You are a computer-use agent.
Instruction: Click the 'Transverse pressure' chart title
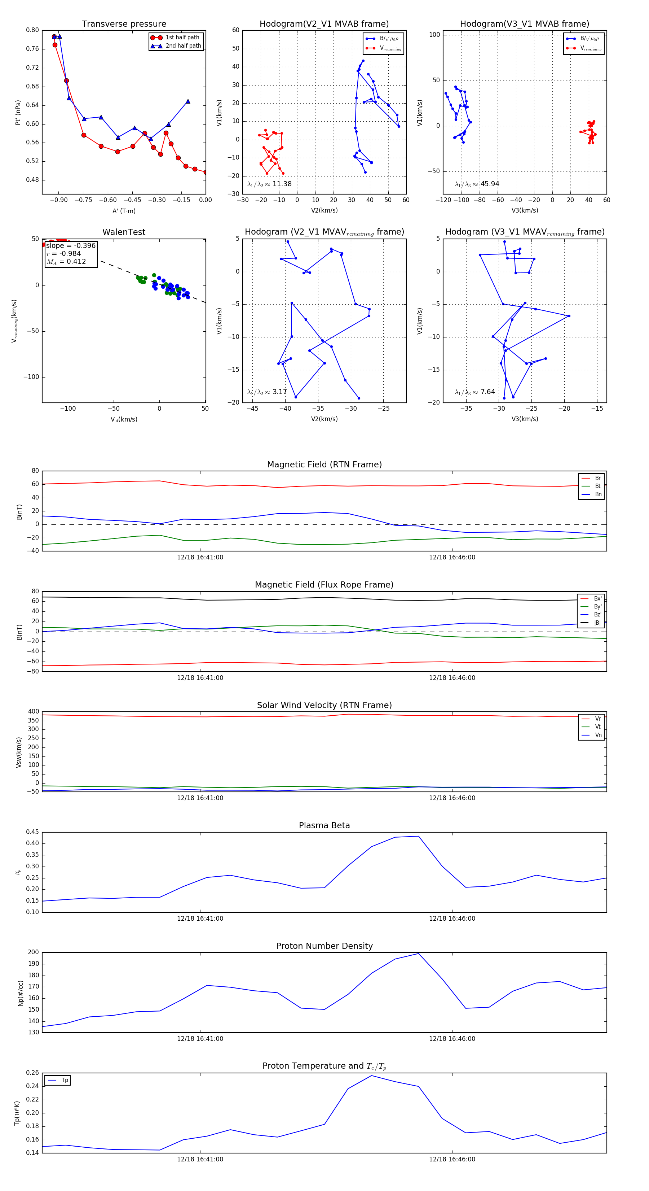click(x=124, y=24)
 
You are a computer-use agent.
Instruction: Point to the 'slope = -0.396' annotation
click(x=71, y=245)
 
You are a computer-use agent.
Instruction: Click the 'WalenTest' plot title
click(x=124, y=232)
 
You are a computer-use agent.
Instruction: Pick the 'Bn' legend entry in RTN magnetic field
click(x=598, y=494)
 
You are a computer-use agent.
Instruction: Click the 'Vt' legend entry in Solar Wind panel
click(x=598, y=727)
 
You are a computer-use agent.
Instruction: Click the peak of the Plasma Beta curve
click(x=419, y=836)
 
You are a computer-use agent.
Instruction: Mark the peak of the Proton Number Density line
click(x=419, y=954)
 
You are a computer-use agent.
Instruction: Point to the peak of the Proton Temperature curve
click(x=371, y=1076)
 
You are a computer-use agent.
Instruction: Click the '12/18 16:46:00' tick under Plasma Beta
click(x=452, y=919)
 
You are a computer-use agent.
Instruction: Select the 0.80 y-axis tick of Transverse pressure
click(x=32, y=30)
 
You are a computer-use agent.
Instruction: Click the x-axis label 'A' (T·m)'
click(x=124, y=211)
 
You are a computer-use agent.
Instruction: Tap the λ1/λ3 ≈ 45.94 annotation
click(x=477, y=184)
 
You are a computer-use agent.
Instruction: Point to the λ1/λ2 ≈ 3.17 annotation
click(x=267, y=392)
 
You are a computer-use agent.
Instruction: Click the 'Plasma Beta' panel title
click(x=324, y=826)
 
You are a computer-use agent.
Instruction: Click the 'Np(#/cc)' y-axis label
click(x=20, y=993)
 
